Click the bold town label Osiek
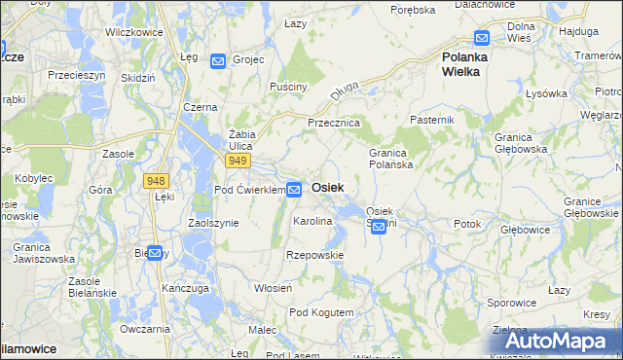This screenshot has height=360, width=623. pos(327,187)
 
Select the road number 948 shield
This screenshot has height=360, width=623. pos(156,180)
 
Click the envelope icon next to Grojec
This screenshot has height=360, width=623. pos(217,60)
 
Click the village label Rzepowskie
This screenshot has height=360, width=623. pos(314,255)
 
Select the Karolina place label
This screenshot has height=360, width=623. pos(313,222)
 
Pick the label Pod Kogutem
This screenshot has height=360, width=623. pos(321,312)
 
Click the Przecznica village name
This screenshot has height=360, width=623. pos(334,124)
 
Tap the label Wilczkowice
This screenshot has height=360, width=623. pos(132,31)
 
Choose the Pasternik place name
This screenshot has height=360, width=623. pos(432,119)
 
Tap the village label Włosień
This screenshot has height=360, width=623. pos(274,288)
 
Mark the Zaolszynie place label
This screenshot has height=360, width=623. pos(213,223)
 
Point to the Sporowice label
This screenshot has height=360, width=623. pos(511,303)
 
